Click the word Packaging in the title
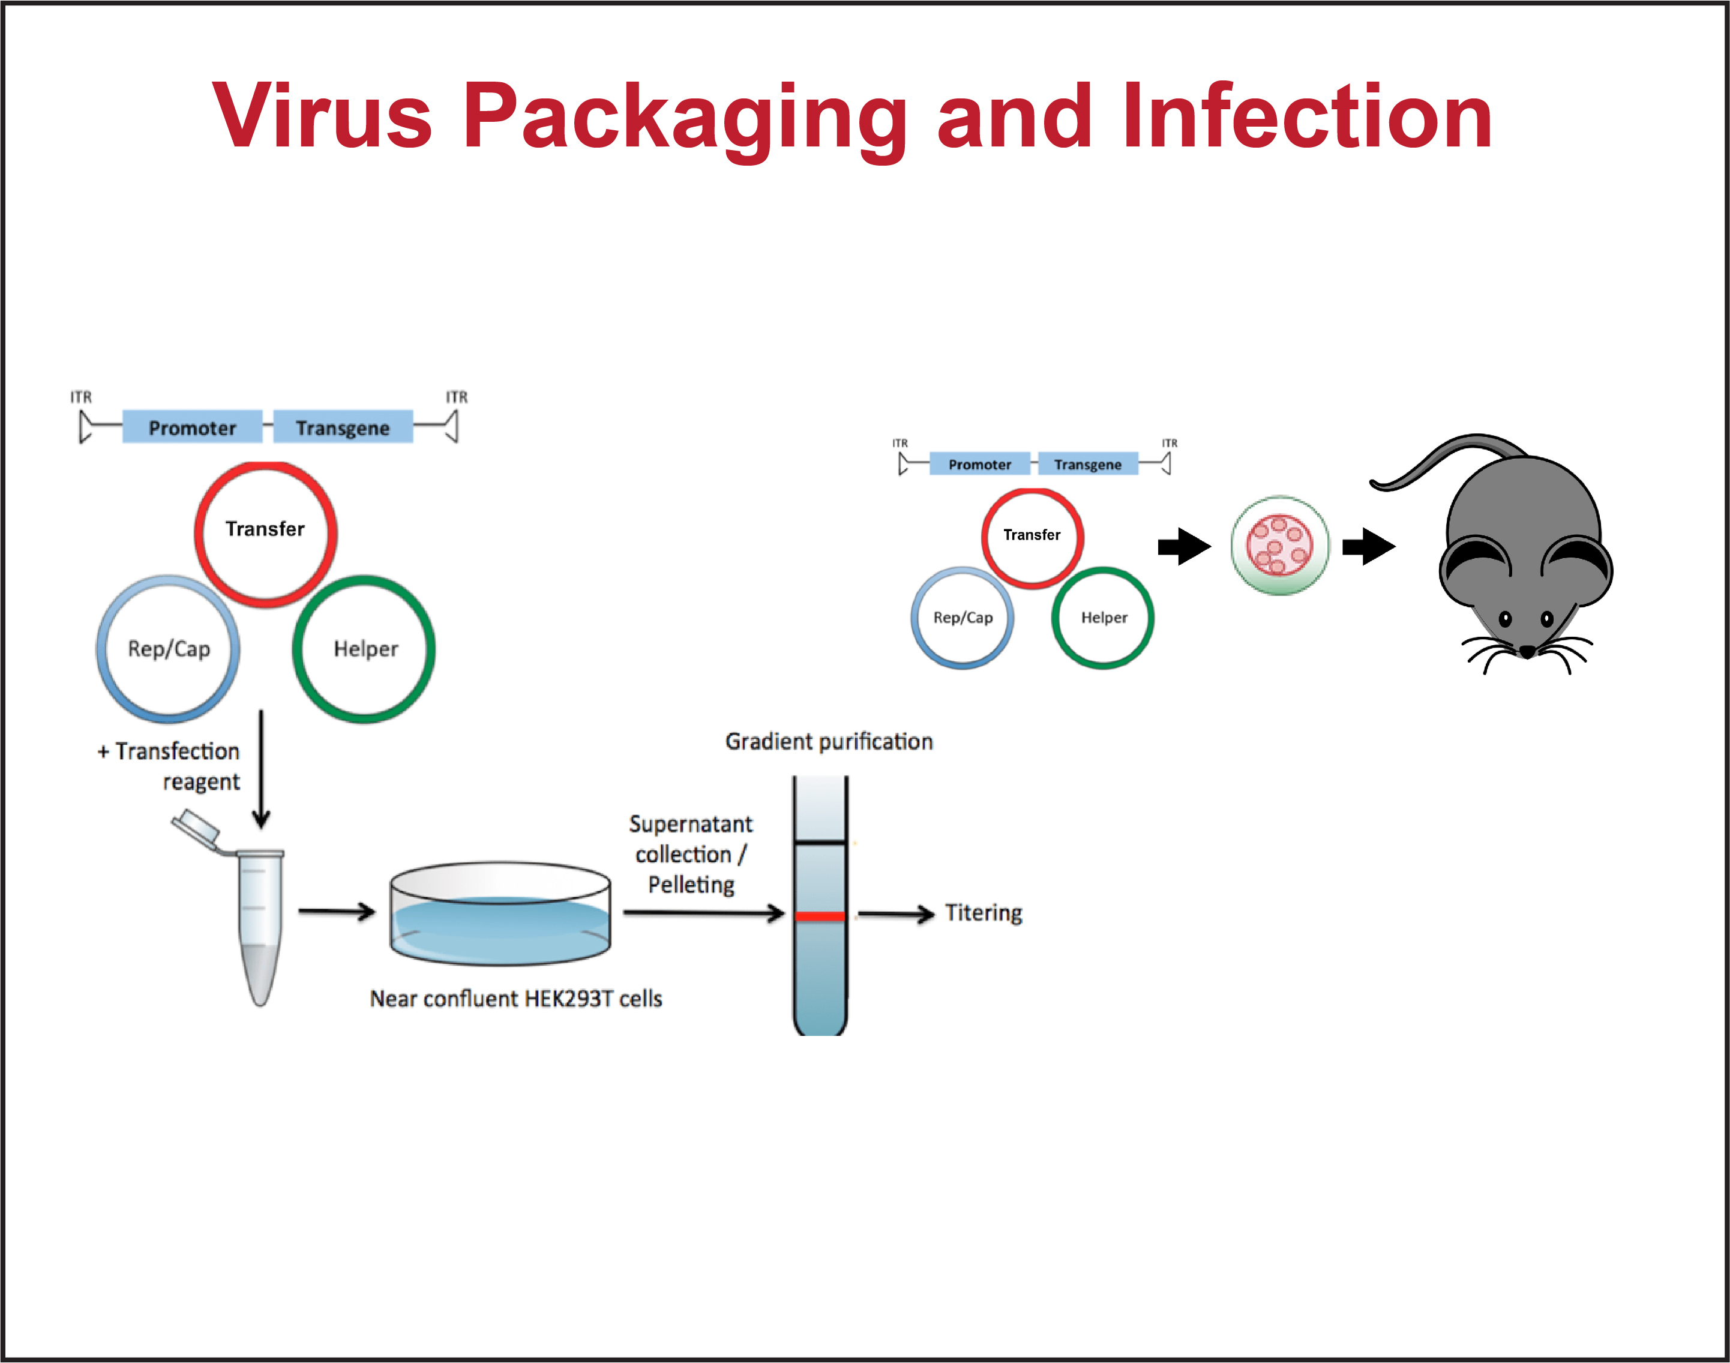point(684,117)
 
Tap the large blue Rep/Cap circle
point(169,649)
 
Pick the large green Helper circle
point(364,649)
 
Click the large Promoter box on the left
point(192,427)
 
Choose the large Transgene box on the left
point(343,427)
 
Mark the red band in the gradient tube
point(820,916)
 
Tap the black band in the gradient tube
point(820,842)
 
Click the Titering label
point(983,913)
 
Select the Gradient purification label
point(828,741)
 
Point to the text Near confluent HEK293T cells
point(515,998)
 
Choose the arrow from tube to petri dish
point(336,911)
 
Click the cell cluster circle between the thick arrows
point(1280,546)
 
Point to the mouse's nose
point(1527,652)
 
